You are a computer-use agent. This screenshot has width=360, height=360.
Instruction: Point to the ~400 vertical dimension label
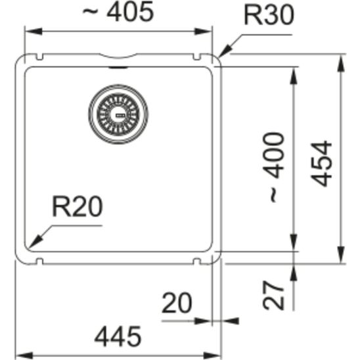pyautogui.click(x=275, y=168)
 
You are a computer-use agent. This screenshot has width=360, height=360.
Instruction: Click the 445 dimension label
pyautogui.click(x=118, y=337)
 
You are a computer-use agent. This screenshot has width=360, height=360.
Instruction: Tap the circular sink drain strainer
pyautogui.click(x=118, y=114)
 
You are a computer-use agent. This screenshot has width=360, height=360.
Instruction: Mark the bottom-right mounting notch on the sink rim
pyautogui.click(x=195, y=261)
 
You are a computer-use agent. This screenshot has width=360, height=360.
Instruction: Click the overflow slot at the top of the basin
pyautogui.click(x=118, y=65)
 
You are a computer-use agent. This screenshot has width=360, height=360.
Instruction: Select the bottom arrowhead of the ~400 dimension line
pyautogui.click(x=293, y=250)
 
